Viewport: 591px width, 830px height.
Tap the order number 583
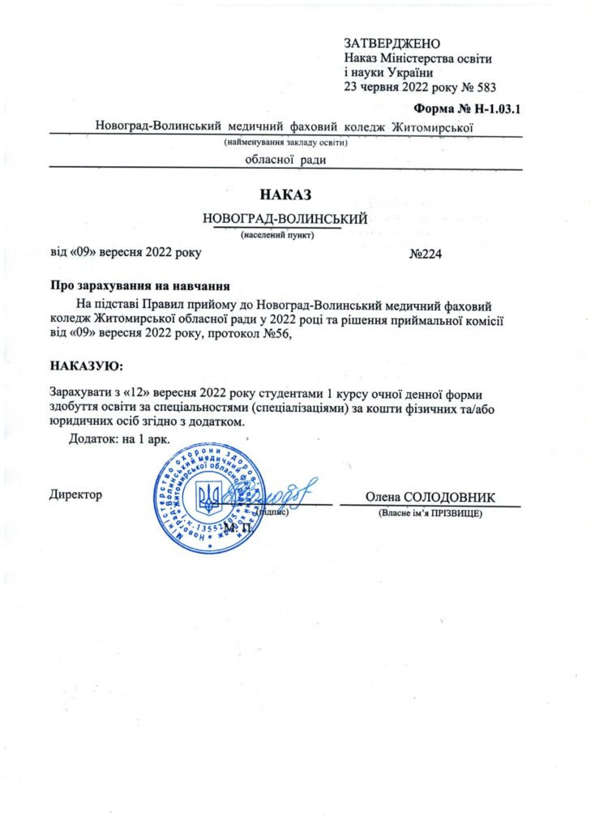pyautogui.click(x=483, y=87)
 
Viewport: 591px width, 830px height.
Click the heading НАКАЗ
pyautogui.click(x=286, y=195)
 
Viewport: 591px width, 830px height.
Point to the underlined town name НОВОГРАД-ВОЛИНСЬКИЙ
pyautogui.click(x=286, y=219)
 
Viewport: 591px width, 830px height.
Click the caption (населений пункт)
pyautogui.click(x=277, y=236)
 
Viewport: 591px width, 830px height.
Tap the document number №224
pyautogui.click(x=426, y=254)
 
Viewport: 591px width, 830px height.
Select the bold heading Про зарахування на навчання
pyautogui.click(x=140, y=286)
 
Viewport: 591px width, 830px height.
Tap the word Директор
pyautogui.click(x=76, y=495)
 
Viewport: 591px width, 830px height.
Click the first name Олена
pyautogui.click(x=381, y=497)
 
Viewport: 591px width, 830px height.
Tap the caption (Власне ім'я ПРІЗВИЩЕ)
pyautogui.click(x=430, y=514)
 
